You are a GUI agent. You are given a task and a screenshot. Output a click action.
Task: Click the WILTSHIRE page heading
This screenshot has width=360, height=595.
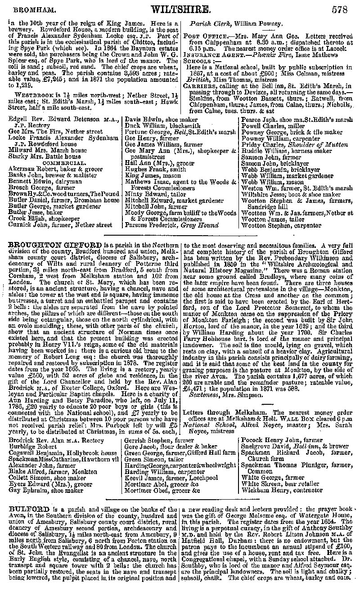click(x=181, y=9)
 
